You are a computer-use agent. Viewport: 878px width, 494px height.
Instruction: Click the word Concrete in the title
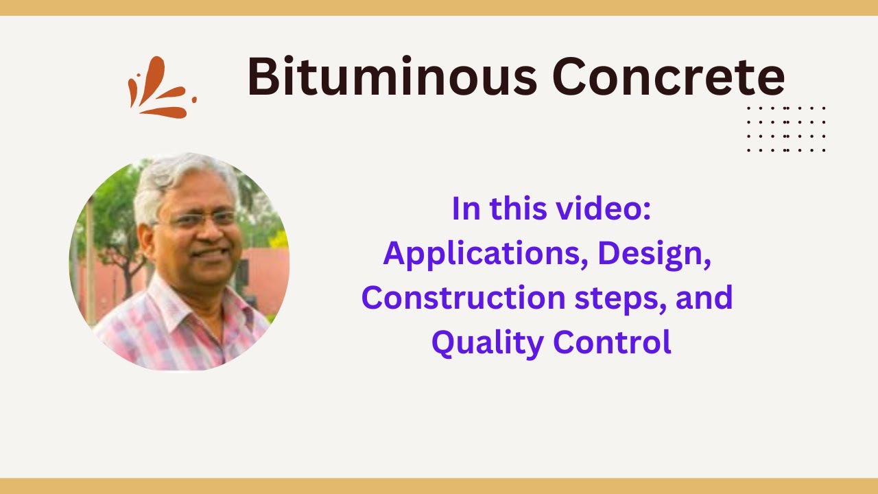[x=668, y=77]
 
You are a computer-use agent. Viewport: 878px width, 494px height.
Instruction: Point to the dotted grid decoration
[x=786, y=129]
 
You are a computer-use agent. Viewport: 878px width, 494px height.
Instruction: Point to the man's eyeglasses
[x=195, y=220]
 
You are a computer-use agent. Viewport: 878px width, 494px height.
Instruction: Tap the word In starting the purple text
[x=466, y=209]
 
